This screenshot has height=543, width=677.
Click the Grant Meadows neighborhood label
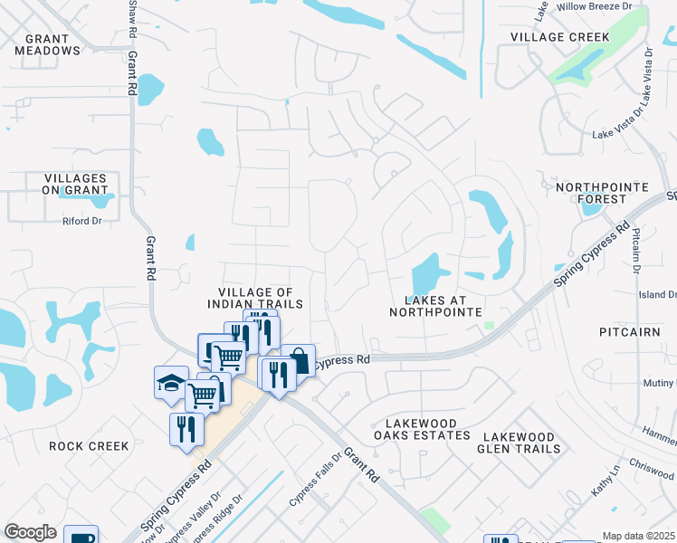[x=48, y=44]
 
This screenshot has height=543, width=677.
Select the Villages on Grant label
[x=75, y=185]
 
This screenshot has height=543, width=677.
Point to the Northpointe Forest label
[x=603, y=193]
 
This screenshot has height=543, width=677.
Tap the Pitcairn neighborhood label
[x=631, y=332]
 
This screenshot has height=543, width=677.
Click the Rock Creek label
[x=90, y=446]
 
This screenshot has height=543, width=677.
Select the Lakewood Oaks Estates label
[x=427, y=429]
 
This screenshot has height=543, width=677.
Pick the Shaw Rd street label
[x=133, y=18]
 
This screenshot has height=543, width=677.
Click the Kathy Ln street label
[x=604, y=480]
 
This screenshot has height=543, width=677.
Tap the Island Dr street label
[x=658, y=294]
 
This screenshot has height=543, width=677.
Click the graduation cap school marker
[x=170, y=383]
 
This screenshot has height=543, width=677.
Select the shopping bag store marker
[x=298, y=361]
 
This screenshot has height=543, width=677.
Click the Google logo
[x=30, y=532]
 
